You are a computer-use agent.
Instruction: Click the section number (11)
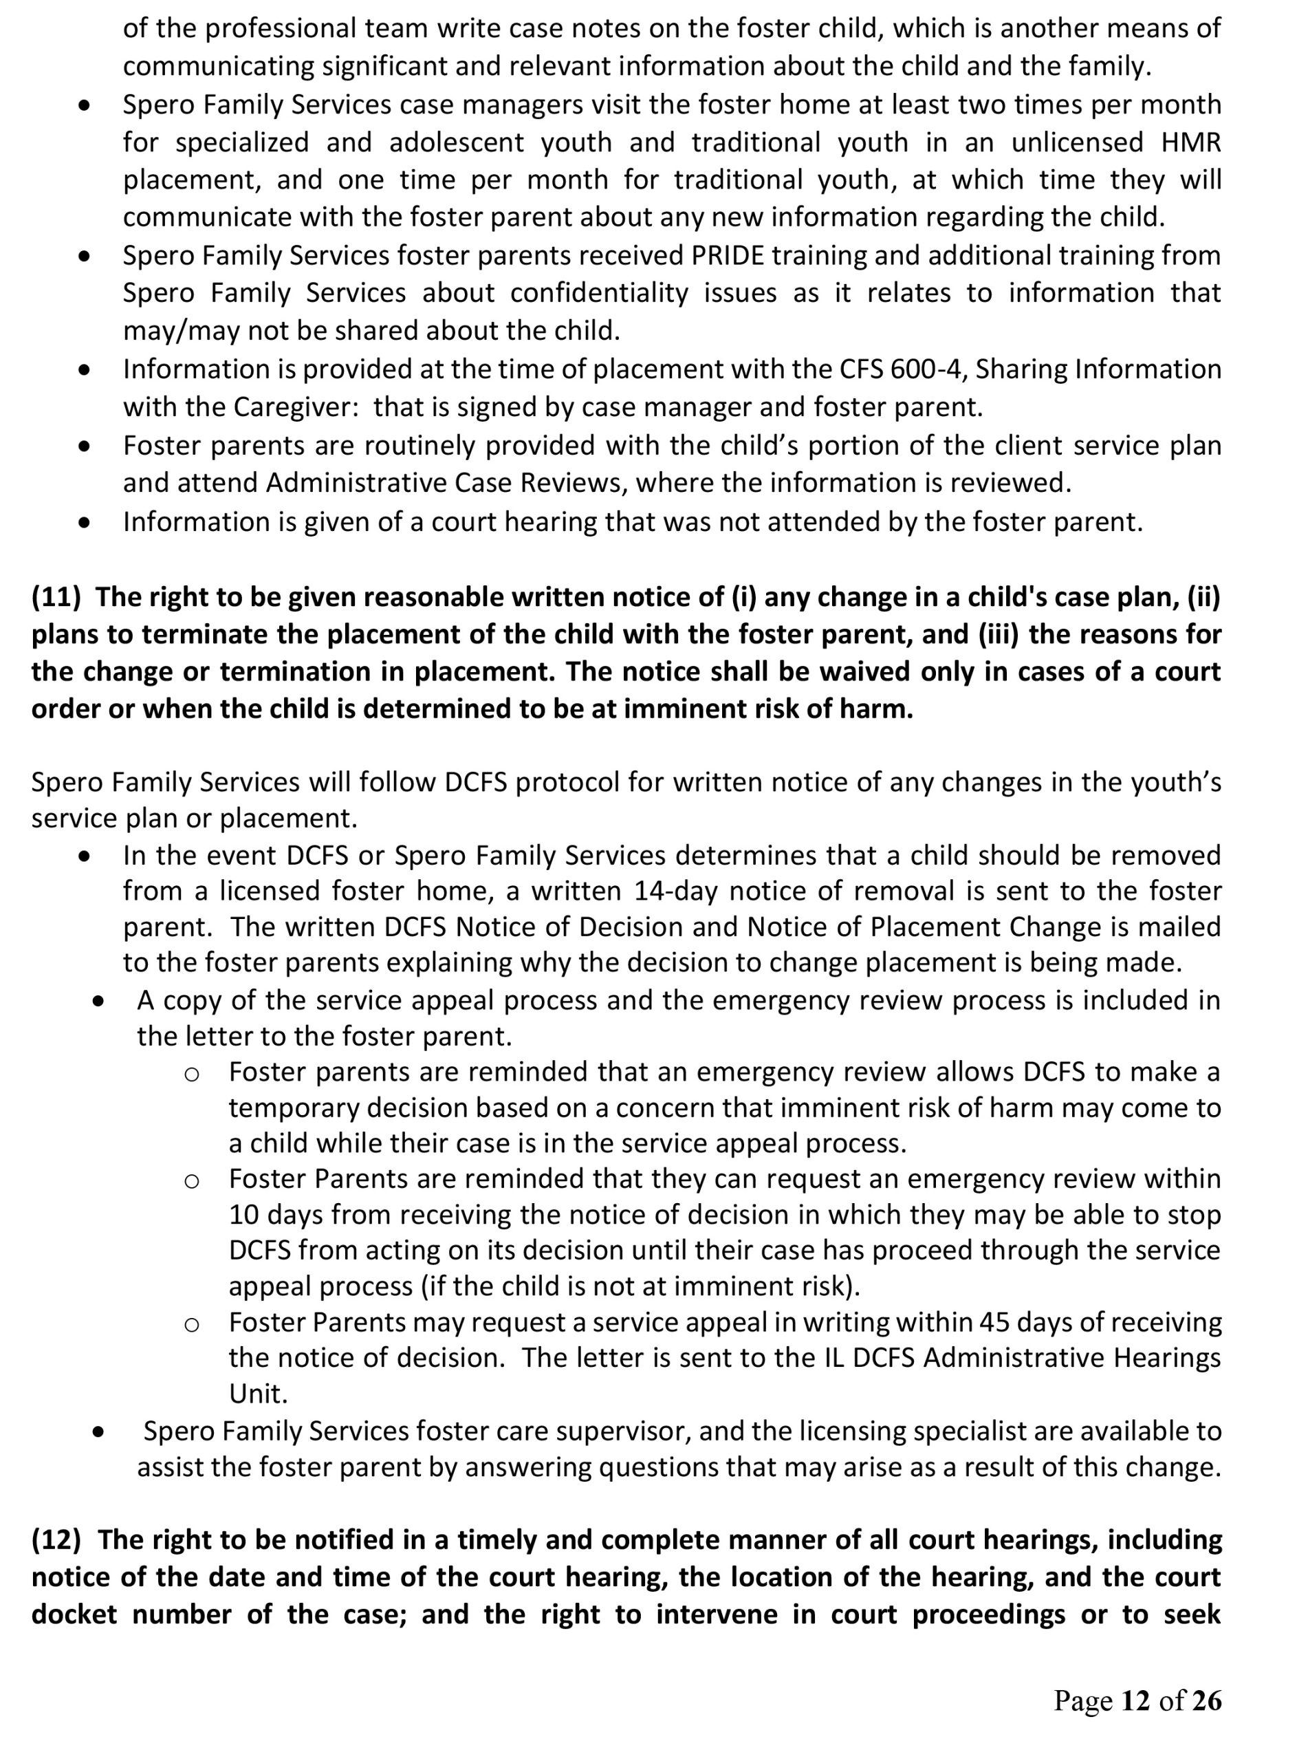(56, 598)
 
